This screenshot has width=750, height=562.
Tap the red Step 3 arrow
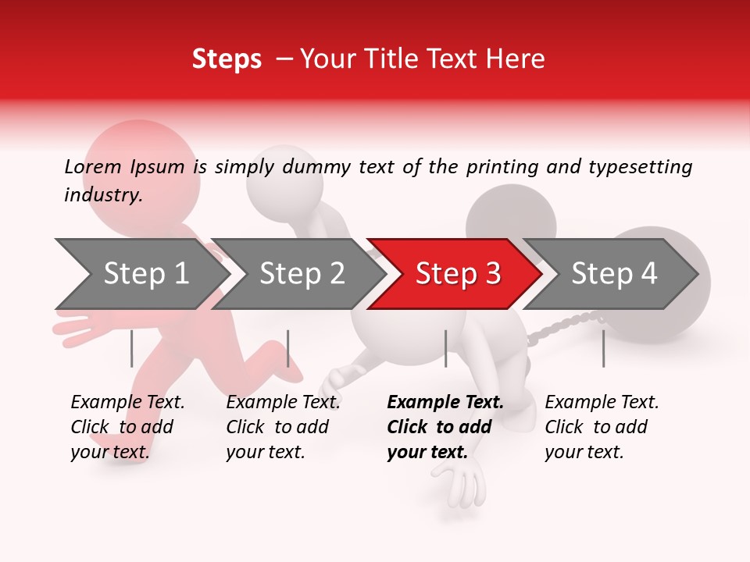coord(458,274)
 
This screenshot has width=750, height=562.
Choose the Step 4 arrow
coord(614,274)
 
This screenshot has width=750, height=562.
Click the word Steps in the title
coord(227,59)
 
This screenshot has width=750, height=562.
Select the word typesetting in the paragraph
coord(645,167)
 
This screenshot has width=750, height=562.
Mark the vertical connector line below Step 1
coord(131,348)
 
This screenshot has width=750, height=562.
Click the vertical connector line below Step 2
coord(288,348)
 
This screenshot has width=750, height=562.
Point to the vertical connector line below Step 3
coord(445,348)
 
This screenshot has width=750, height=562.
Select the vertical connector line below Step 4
coord(603,348)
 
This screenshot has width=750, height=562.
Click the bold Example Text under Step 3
coord(445,403)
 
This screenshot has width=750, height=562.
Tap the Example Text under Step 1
coord(127,403)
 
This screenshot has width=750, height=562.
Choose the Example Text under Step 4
coord(602,403)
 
